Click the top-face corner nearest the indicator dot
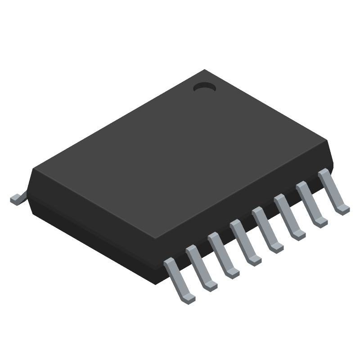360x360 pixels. pos(205,70)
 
